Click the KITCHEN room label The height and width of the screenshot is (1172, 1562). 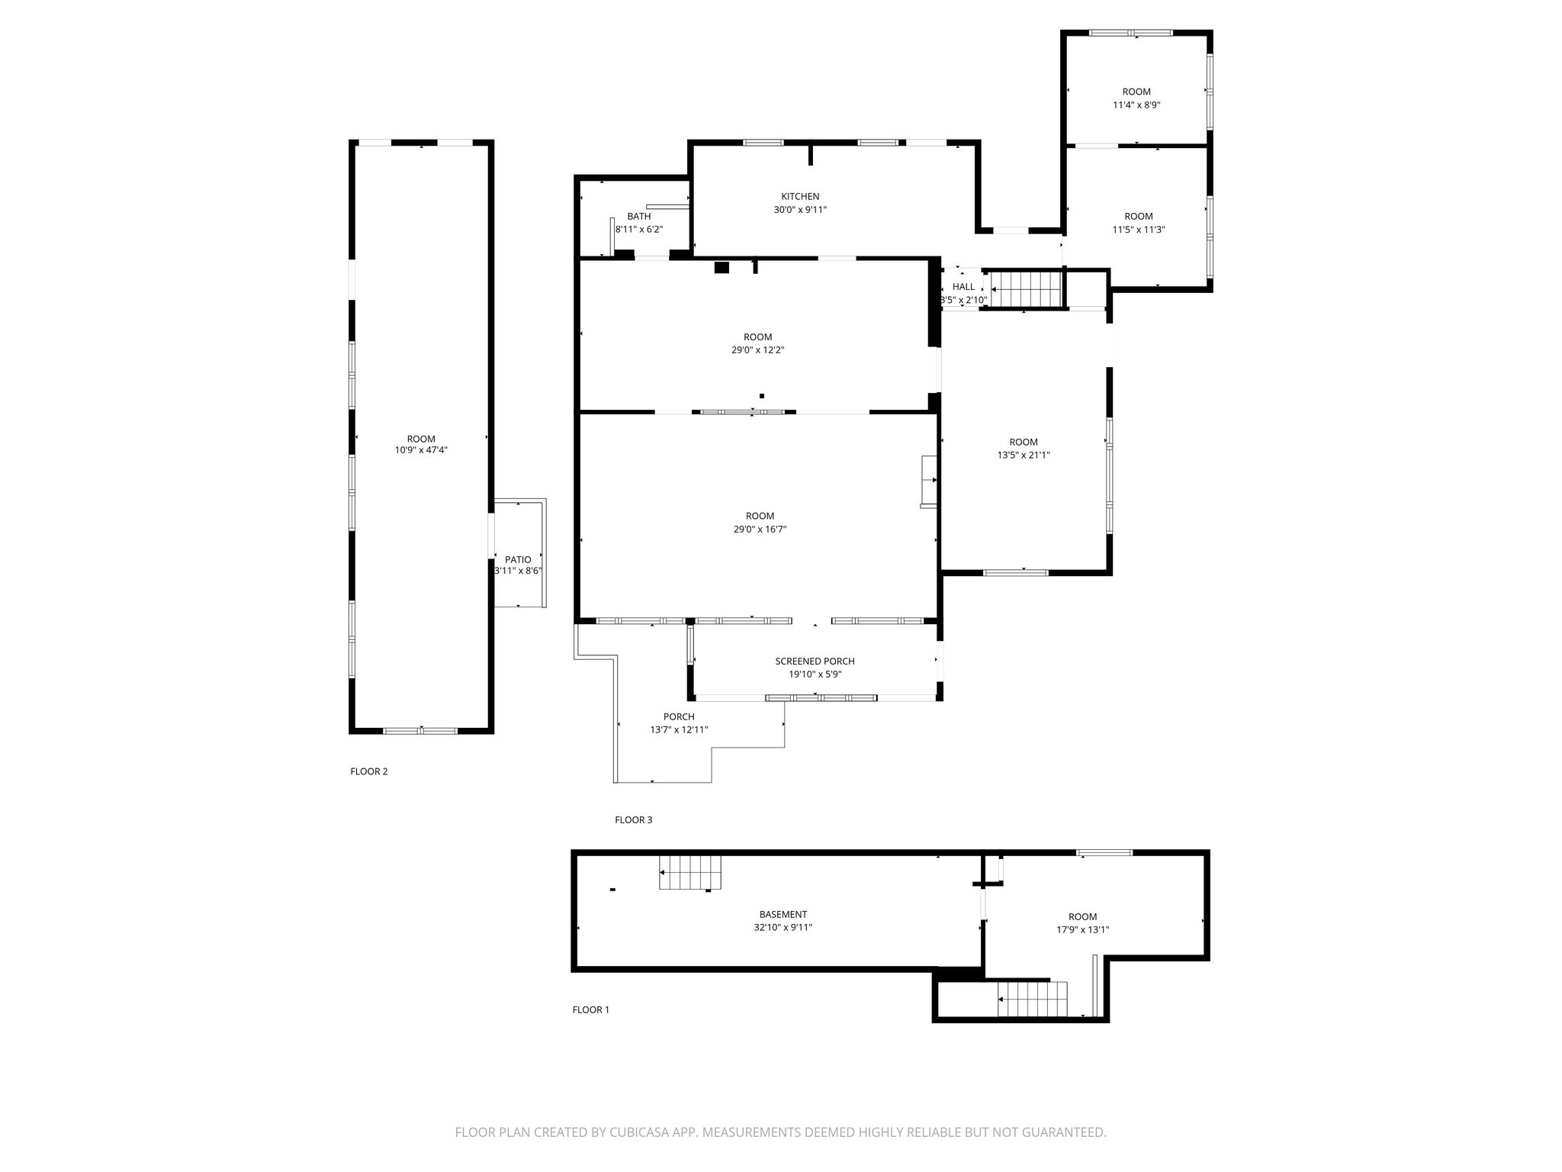[x=800, y=197]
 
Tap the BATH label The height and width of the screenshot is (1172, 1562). [x=639, y=217]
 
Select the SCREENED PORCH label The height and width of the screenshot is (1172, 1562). [x=815, y=662]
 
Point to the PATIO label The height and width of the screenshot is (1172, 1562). [x=518, y=560]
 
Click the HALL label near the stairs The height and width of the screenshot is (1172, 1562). [x=963, y=287]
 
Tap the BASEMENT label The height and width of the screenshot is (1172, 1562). [x=783, y=915]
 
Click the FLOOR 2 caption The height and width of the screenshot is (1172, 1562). [x=369, y=771]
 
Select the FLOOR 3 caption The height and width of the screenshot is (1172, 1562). [x=634, y=820]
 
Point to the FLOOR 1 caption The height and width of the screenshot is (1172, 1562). [x=591, y=1010]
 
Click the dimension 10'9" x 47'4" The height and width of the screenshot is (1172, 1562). [x=421, y=450]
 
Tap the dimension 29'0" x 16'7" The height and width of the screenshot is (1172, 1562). [x=760, y=530]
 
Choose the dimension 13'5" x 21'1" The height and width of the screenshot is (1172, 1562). [x=1024, y=456]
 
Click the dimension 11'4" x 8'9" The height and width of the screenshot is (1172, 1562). [x=1136, y=105]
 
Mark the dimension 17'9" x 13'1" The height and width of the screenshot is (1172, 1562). [x=1082, y=930]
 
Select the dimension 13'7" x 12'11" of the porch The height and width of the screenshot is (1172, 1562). [x=679, y=730]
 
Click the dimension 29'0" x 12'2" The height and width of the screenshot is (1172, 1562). [x=757, y=350]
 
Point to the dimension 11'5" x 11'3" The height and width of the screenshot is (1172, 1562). [x=1138, y=230]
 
